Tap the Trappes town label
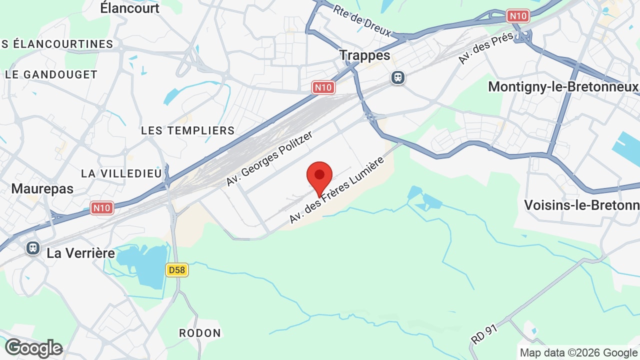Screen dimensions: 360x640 coord(364,55)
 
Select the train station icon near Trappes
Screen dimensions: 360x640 coord(398,77)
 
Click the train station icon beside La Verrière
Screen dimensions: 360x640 coord(33,247)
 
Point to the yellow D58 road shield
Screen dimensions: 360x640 coord(176,270)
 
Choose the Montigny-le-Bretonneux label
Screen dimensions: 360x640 coord(563,87)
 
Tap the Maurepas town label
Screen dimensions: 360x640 coord(42,189)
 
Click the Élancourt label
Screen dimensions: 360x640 coord(129,8)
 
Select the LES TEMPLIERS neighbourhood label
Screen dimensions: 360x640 coord(187,130)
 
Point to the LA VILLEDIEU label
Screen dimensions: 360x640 coord(121,173)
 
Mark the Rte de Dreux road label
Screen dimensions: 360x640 coord(362,21)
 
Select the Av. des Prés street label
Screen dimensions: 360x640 coord(485,48)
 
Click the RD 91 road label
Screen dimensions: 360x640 coord(484,331)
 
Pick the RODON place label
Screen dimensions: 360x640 coord(199,333)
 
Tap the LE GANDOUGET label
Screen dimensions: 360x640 coord(51,75)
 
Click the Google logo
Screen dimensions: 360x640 coord(33,348)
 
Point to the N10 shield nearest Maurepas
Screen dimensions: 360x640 coord(102,208)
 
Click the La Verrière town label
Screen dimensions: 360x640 coord(80,253)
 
